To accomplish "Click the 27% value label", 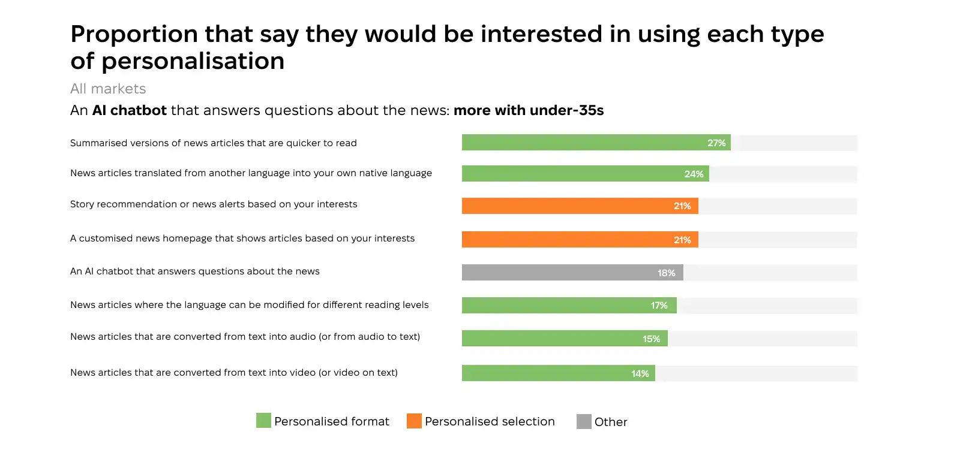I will point(716,143).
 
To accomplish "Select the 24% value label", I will point(694,174).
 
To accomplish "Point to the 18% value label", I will point(666,273).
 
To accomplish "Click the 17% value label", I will point(659,306).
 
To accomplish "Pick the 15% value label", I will point(651,339).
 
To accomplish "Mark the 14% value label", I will point(640,374).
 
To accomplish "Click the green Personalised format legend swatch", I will point(263,421).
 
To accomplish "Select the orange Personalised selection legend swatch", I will point(414,421).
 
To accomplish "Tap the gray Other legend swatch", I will point(584,421).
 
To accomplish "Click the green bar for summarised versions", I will point(582,143).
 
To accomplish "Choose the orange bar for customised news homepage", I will point(564,240).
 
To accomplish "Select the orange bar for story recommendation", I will point(564,206).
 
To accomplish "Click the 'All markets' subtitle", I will point(108,89).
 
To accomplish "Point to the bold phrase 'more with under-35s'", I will point(529,110).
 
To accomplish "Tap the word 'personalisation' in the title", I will point(193,61).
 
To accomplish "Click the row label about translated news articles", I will point(251,173).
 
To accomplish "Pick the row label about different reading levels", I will point(249,305).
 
